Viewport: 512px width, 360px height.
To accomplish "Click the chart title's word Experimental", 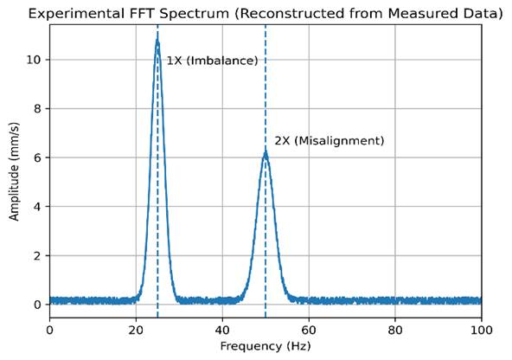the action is pos(76,14).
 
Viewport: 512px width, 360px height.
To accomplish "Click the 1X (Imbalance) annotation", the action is pos(212,61).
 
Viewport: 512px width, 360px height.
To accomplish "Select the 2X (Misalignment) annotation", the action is pos(330,141).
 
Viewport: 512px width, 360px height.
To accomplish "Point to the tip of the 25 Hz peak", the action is pos(157,41).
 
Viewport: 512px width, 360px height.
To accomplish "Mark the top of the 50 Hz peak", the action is pos(266,152).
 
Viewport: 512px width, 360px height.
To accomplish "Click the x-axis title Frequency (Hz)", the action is pos(266,346).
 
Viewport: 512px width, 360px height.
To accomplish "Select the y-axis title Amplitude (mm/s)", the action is pos(14,171).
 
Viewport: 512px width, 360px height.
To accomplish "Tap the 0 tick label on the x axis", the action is pos(49,331).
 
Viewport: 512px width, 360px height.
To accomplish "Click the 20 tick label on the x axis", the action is pos(136,331).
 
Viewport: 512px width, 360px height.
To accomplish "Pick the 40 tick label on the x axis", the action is pos(222,331).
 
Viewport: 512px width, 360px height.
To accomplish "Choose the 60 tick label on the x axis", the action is pos(309,331).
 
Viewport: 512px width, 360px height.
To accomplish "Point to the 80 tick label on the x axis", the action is pos(395,331).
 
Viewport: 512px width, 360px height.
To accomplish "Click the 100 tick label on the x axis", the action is pos(482,331).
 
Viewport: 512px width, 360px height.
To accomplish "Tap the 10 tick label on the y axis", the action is pos(34,60).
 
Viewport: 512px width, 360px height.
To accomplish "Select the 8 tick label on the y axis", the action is pos(37,108).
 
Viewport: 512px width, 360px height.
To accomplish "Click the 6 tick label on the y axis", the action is pos(37,157).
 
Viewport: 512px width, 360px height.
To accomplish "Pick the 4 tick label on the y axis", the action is pos(37,207).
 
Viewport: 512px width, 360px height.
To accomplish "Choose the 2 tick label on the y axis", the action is pos(37,255).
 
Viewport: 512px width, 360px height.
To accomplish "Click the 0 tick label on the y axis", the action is pos(37,305).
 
